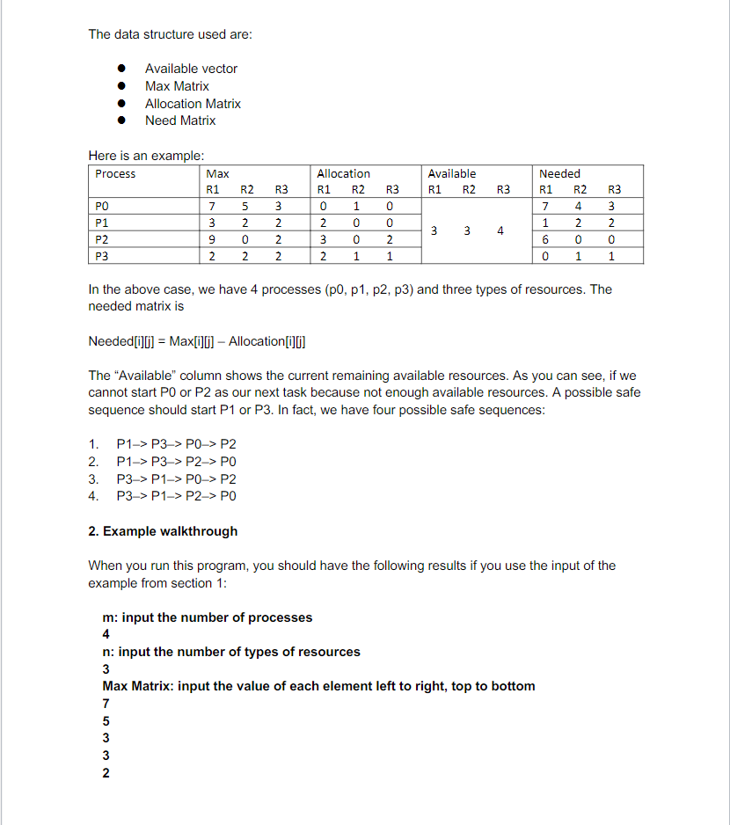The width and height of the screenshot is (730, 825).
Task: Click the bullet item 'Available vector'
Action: pyautogui.click(x=191, y=69)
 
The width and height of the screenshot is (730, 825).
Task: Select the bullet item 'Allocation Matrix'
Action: pyautogui.click(x=193, y=104)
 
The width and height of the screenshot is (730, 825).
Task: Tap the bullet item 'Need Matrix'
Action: pyautogui.click(x=180, y=120)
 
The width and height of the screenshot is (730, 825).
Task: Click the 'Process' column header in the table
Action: pyautogui.click(x=115, y=174)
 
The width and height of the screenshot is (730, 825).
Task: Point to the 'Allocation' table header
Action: pyautogui.click(x=343, y=174)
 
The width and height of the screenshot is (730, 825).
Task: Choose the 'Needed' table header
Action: pyautogui.click(x=559, y=174)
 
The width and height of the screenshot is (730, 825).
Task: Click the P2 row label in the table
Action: pyautogui.click(x=102, y=239)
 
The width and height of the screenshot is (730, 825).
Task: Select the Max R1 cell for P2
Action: pyautogui.click(x=212, y=240)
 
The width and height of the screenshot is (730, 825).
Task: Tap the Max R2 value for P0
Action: pyautogui.click(x=247, y=207)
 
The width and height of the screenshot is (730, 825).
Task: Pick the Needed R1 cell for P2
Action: pyautogui.click(x=546, y=240)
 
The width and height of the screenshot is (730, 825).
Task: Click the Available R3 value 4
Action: pyautogui.click(x=500, y=231)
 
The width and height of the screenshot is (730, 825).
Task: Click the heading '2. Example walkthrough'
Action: pyautogui.click(x=163, y=531)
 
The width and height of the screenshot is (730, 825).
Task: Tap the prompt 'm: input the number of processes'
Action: pyautogui.click(x=208, y=617)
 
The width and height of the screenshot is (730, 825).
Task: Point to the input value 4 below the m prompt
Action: pyautogui.click(x=106, y=634)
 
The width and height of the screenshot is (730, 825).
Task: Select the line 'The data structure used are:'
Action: pyautogui.click(x=170, y=34)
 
